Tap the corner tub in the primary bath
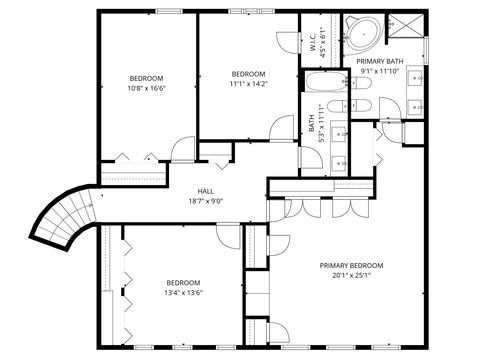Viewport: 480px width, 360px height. click(x=360, y=33)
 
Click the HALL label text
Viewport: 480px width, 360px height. click(x=205, y=191)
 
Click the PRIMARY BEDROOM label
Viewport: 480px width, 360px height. click(x=351, y=265)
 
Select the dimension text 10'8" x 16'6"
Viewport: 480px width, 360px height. click(x=146, y=89)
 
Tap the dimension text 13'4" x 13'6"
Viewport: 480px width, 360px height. click(x=183, y=293)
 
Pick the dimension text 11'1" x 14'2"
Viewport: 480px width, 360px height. click(x=248, y=84)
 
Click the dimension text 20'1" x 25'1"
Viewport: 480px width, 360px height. click(x=351, y=277)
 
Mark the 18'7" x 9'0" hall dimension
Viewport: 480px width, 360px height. click(x=205, y=202)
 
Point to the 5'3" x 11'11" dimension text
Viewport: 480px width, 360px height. click(x=321, y=123)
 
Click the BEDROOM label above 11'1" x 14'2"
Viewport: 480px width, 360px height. click(x=248, y=74)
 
